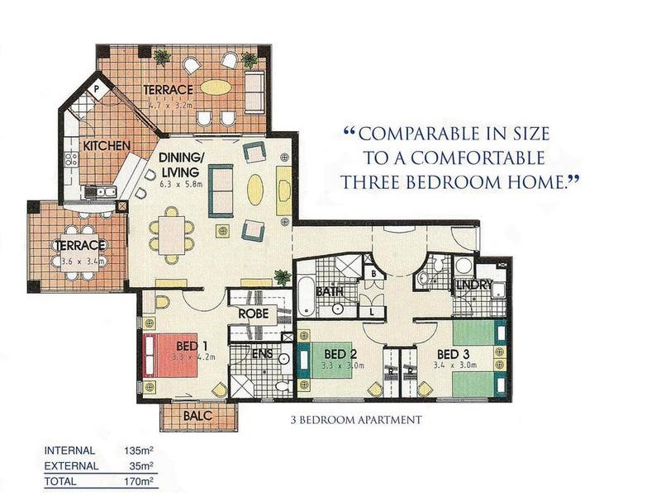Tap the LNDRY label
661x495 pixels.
(473, 285)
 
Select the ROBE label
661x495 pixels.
(251, 314)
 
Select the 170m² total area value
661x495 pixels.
(138, 480)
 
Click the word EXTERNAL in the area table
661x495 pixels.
(71, 466)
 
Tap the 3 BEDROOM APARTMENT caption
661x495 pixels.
(355, 420)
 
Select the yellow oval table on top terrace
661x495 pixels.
(216, 87)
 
